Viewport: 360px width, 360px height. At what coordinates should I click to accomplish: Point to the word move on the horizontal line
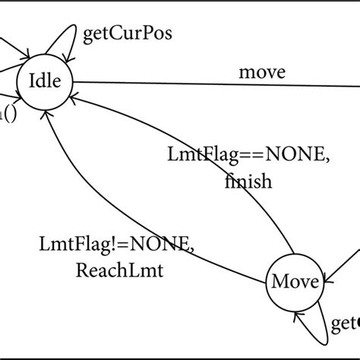coord(262,73)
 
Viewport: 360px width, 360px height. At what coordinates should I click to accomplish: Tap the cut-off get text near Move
coord(346,325)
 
